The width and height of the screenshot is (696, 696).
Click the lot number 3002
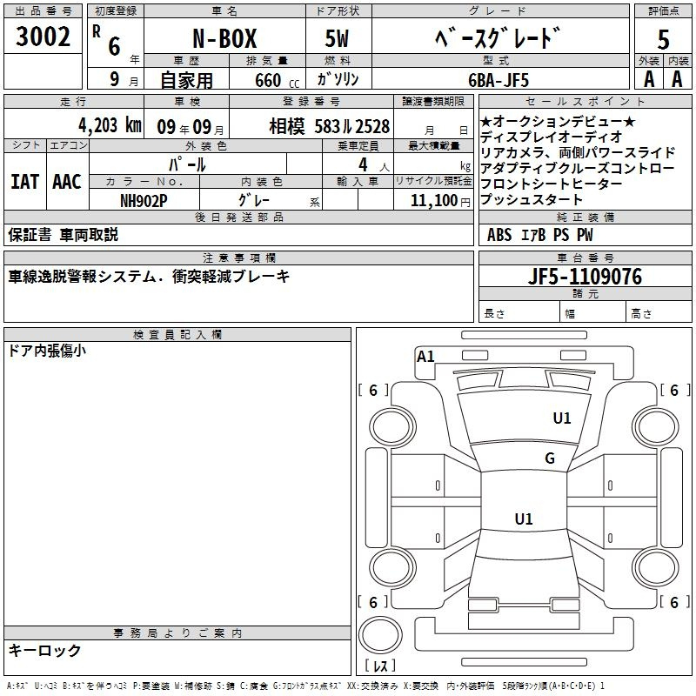43,37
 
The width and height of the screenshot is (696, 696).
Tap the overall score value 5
664,41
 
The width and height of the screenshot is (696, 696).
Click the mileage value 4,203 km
109,124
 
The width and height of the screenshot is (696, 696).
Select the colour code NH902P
144,199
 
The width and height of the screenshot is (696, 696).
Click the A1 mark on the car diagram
425,356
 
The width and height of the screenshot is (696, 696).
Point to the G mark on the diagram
549,458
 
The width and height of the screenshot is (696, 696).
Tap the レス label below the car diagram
379,666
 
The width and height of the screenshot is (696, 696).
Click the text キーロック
45,650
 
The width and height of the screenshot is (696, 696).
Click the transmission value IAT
24,182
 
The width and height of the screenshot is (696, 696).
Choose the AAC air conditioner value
66,182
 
